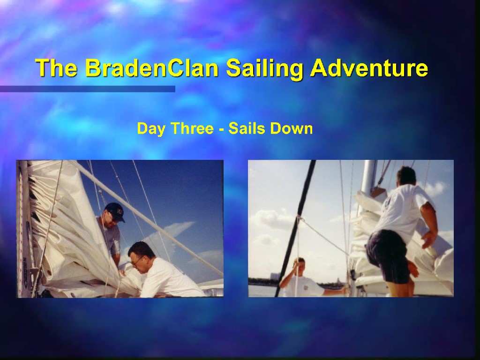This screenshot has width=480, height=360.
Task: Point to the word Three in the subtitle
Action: [192, 128]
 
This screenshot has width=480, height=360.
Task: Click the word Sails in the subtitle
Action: [247, 128]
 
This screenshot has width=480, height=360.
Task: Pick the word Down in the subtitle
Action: [291, 128]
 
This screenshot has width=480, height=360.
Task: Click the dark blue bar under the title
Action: [88, 89]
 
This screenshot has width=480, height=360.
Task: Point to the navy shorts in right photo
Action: [388, 255]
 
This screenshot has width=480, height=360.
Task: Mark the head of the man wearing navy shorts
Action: [406, 176]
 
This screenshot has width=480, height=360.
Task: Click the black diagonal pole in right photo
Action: [295, 228]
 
